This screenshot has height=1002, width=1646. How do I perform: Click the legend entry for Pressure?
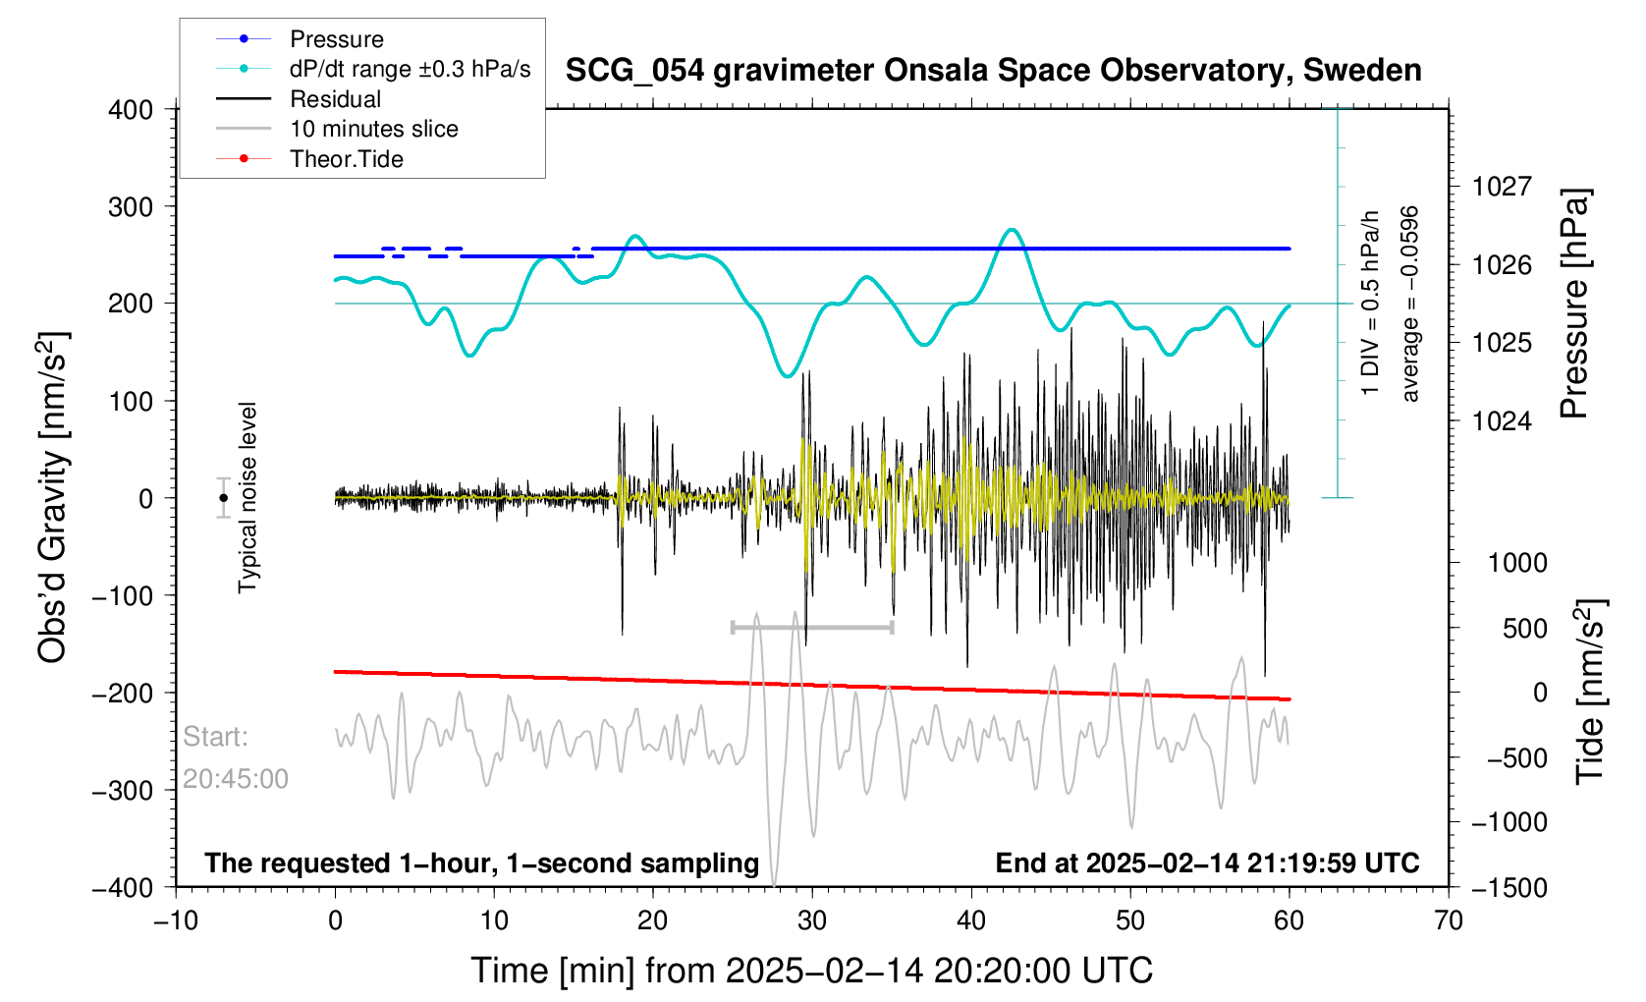pos(336,39)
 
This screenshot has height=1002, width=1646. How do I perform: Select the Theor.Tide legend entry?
pos(346,159)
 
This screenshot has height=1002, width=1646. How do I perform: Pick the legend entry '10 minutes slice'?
pos(373,129)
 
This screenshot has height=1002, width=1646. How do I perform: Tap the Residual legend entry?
pos(335,99)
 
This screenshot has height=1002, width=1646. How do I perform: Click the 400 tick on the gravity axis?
pos(131,110)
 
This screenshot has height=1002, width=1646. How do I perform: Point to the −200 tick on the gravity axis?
pos(123,694)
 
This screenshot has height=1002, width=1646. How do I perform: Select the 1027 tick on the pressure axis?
pos(1502,187)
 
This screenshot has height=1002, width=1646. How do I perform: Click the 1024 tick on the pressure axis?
pos(1502,421)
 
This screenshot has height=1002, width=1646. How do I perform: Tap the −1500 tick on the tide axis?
pos(1509,888)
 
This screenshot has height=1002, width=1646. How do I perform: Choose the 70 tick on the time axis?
pos(1449,921)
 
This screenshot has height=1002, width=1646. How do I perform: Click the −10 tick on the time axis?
pos(176,921)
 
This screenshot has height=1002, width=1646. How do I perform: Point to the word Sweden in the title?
pos(1362,71)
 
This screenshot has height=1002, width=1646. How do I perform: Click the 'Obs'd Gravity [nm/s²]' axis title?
pos(53,497)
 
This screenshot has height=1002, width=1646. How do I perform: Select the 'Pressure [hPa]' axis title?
pos(1574,305)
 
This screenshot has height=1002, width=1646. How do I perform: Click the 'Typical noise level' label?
pos(247,497)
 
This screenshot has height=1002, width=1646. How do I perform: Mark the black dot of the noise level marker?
pos(224,498)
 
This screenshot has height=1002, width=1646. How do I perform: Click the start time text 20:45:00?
pos(236,779)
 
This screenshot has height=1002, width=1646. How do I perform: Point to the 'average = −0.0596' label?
pos(1410,304)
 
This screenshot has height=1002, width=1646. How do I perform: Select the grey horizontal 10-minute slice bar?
pos(812,627)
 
